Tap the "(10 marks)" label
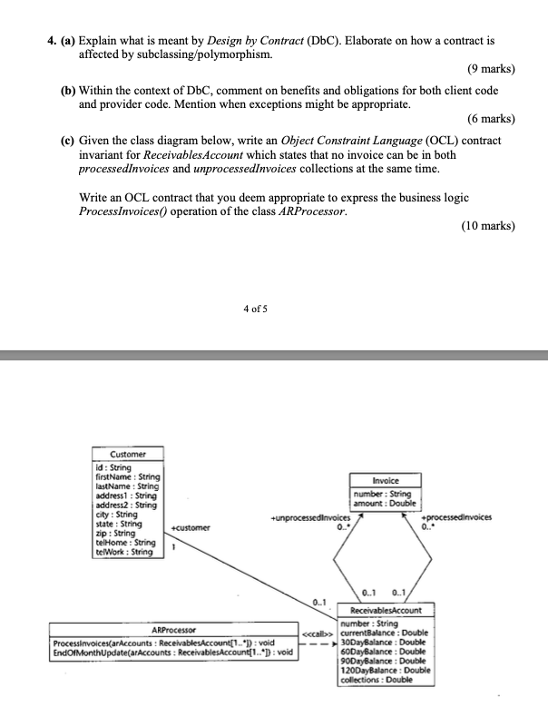click(488, 226)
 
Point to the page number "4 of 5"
click(257, 309)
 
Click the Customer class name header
click(127, 454)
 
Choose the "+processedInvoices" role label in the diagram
click(460, 516)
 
